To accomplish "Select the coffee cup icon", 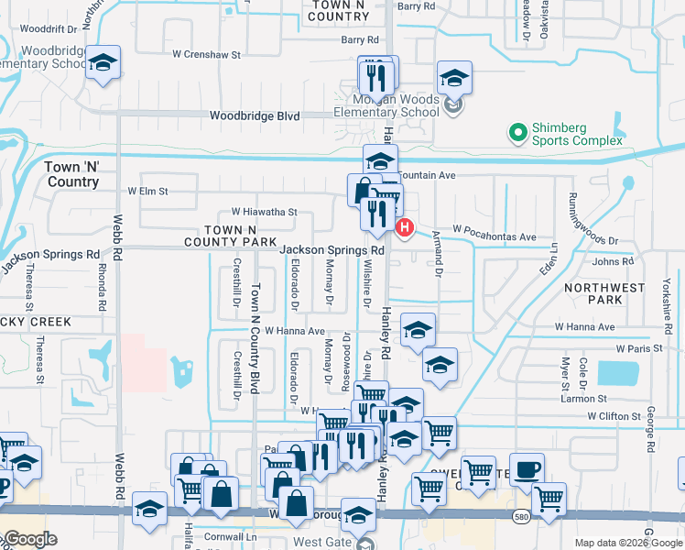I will [526, 469].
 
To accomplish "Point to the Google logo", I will [30, 539].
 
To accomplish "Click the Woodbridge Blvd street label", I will [255, 116].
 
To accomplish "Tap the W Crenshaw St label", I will [211, 55].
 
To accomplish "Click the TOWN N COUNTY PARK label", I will [229, 236].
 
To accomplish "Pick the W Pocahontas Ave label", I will [494, 236].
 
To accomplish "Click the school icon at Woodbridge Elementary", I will [103, 64].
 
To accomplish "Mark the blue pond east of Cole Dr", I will [618, 373].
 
